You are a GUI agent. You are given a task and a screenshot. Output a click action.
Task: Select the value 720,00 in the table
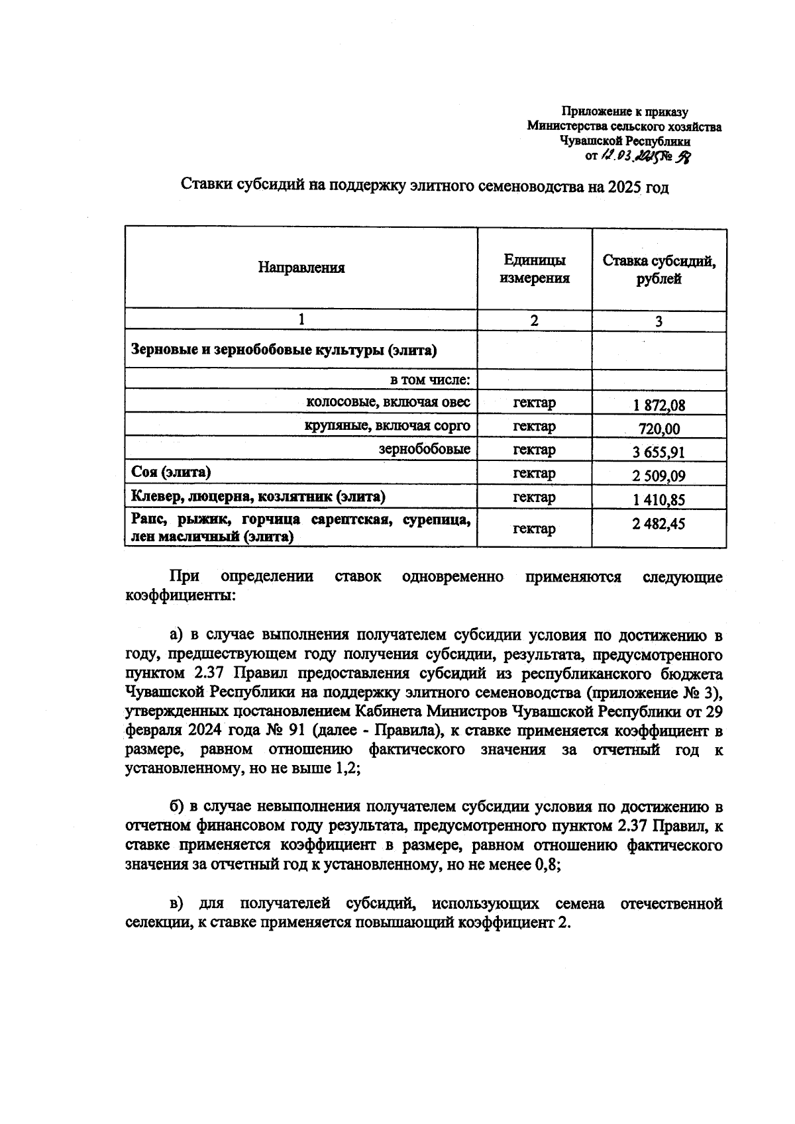[x=659, y=429]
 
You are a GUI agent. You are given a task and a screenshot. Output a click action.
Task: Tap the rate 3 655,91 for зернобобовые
[x=659, y=452]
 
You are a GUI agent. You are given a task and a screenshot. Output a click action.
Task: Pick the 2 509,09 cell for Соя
[x=659, y=476]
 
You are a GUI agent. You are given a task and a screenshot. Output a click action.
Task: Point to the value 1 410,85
[x=659, y=499]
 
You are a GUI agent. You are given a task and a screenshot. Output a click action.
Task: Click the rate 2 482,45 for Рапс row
[x=659, y=524]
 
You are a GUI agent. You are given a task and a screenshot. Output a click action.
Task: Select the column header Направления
[x=301, y=268]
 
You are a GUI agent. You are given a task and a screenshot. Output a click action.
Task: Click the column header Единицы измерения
[x=534, y=268]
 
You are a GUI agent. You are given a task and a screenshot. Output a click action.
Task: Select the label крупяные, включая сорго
[x=387, y=425]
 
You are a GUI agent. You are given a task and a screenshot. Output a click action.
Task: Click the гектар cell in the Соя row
[x=534, y=473]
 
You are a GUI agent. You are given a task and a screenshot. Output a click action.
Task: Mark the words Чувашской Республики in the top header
[x=625, y=141]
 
